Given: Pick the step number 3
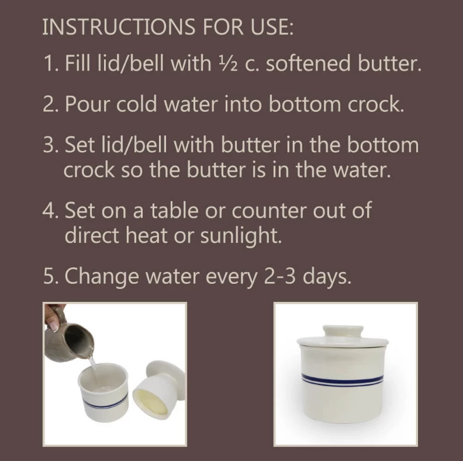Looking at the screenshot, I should coord(49,145).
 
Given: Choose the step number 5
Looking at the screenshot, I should coord(49,276).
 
